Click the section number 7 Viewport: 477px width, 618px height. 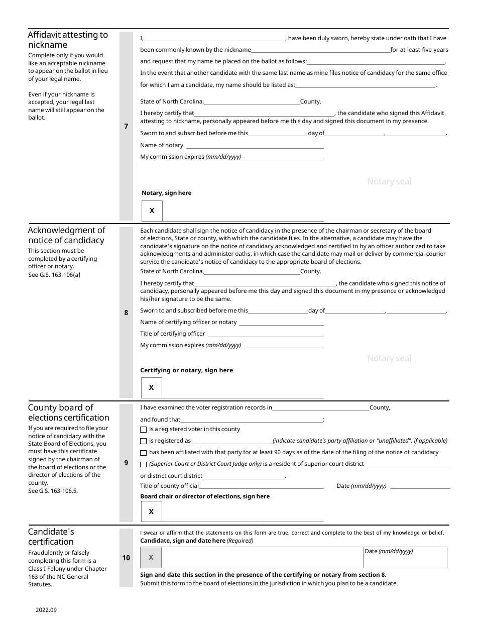click(x=126, y=127)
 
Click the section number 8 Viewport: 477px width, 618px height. click(x=126, y=313)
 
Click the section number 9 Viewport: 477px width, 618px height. click(x=126, y=463)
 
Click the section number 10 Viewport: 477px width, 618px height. click(x=126, y=557)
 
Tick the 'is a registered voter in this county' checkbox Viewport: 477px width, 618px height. click(x=144, y=430)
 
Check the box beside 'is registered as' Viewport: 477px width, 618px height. click(x=144, y=441)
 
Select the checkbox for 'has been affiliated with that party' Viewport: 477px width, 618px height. click(x=144, y=453)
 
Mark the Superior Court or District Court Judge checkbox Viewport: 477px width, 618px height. click(x=144, y=464)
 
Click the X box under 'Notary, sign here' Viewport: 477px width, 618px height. click(x=152, y=211)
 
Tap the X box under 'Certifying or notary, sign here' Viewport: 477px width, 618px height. click(x=151, y=388)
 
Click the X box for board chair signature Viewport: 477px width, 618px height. click(x=151, y=511)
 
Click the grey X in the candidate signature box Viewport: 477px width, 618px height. click(x=151, y=557)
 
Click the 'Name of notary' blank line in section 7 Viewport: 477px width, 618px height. click(x=255, y=146)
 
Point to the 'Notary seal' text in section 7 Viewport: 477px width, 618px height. click(x=389, y=181)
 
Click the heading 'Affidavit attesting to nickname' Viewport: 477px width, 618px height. click(x=68, y=40)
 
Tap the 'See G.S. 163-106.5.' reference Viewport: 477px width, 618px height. click(x=53, y=491)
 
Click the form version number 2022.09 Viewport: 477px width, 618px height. click(x=46, y=610)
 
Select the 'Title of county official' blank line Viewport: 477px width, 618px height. click(x=261, y=486)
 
